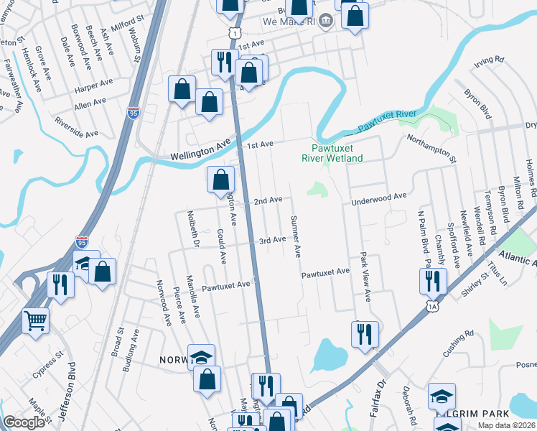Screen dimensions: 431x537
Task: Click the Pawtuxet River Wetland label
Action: [x=331, y=153]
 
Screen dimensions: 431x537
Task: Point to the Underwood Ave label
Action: [x=378, y=198]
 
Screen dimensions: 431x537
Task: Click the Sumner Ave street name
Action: [x=295, y=236]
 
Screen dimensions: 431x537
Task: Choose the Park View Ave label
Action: [x=365, y=276]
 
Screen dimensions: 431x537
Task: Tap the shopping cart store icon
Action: [x=36, y=320]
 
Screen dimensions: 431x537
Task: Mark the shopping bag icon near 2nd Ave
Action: [x=220, y=180]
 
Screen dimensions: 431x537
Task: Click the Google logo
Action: [x=24, y=422]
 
